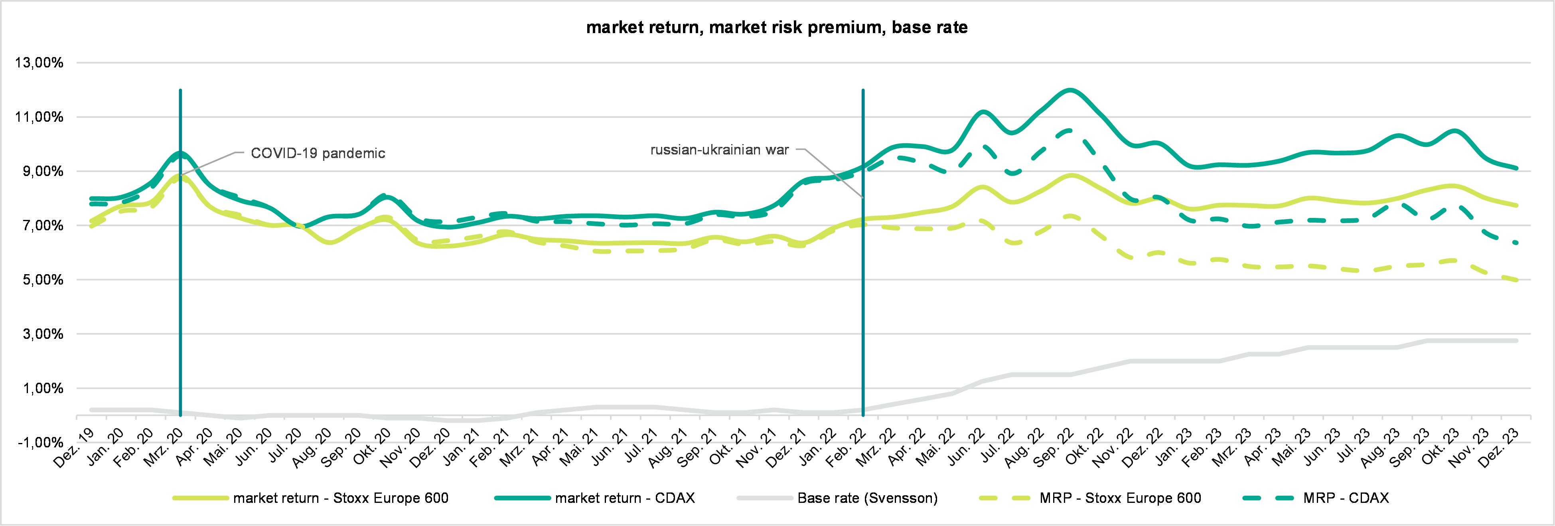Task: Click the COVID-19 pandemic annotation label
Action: pos(318,153)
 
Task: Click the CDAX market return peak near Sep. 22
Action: pos(1070,91)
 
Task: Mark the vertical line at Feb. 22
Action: pos(863,272)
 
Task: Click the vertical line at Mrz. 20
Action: pos(180,272)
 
